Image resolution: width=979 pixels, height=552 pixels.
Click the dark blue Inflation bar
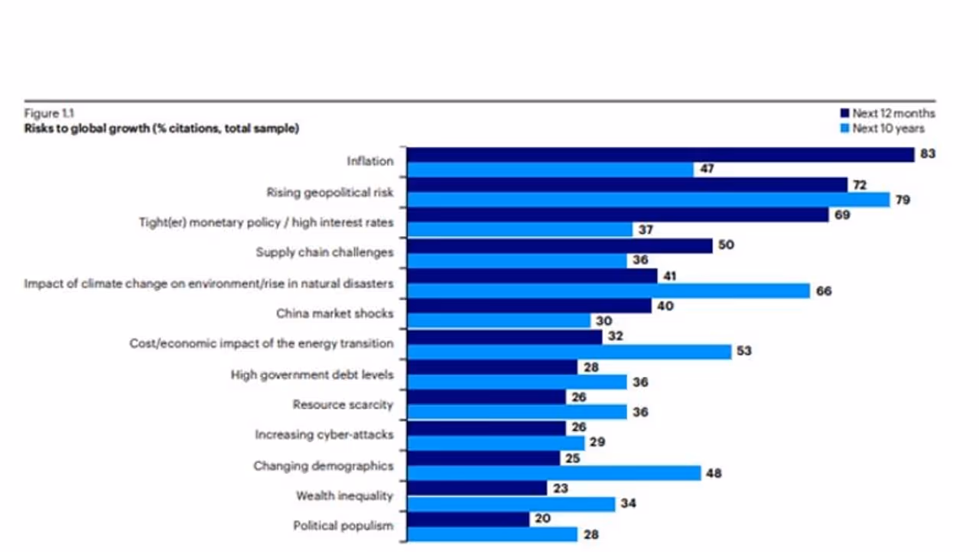pos(660,154)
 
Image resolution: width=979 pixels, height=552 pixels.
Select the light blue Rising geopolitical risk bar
pos(648,200)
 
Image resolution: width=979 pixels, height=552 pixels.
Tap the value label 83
pos(928,154)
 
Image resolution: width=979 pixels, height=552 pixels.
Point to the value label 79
pos(903,200)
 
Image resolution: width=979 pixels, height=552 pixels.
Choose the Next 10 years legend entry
pos(883,128)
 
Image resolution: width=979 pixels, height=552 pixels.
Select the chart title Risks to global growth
pos(161,128)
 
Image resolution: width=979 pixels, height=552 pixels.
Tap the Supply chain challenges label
pos(324,252)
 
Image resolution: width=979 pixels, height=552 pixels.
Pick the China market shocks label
pos(334,313)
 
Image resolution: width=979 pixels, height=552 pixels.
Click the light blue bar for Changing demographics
pos(553,473)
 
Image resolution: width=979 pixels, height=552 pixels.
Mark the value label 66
pos(823,291)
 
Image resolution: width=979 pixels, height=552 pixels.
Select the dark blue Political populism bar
pos(468,519)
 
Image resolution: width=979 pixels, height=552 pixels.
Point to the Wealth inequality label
pos(344,496)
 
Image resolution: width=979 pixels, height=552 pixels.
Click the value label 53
pos(744,352)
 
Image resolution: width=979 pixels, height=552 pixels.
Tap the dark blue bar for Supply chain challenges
pos(559,245)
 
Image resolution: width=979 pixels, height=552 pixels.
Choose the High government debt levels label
pos(312,375)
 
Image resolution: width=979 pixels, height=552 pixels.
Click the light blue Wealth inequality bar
pos(510,504)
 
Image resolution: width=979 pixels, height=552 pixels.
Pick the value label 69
pos(841,215)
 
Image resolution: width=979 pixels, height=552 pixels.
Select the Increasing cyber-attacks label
pos(324,435)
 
